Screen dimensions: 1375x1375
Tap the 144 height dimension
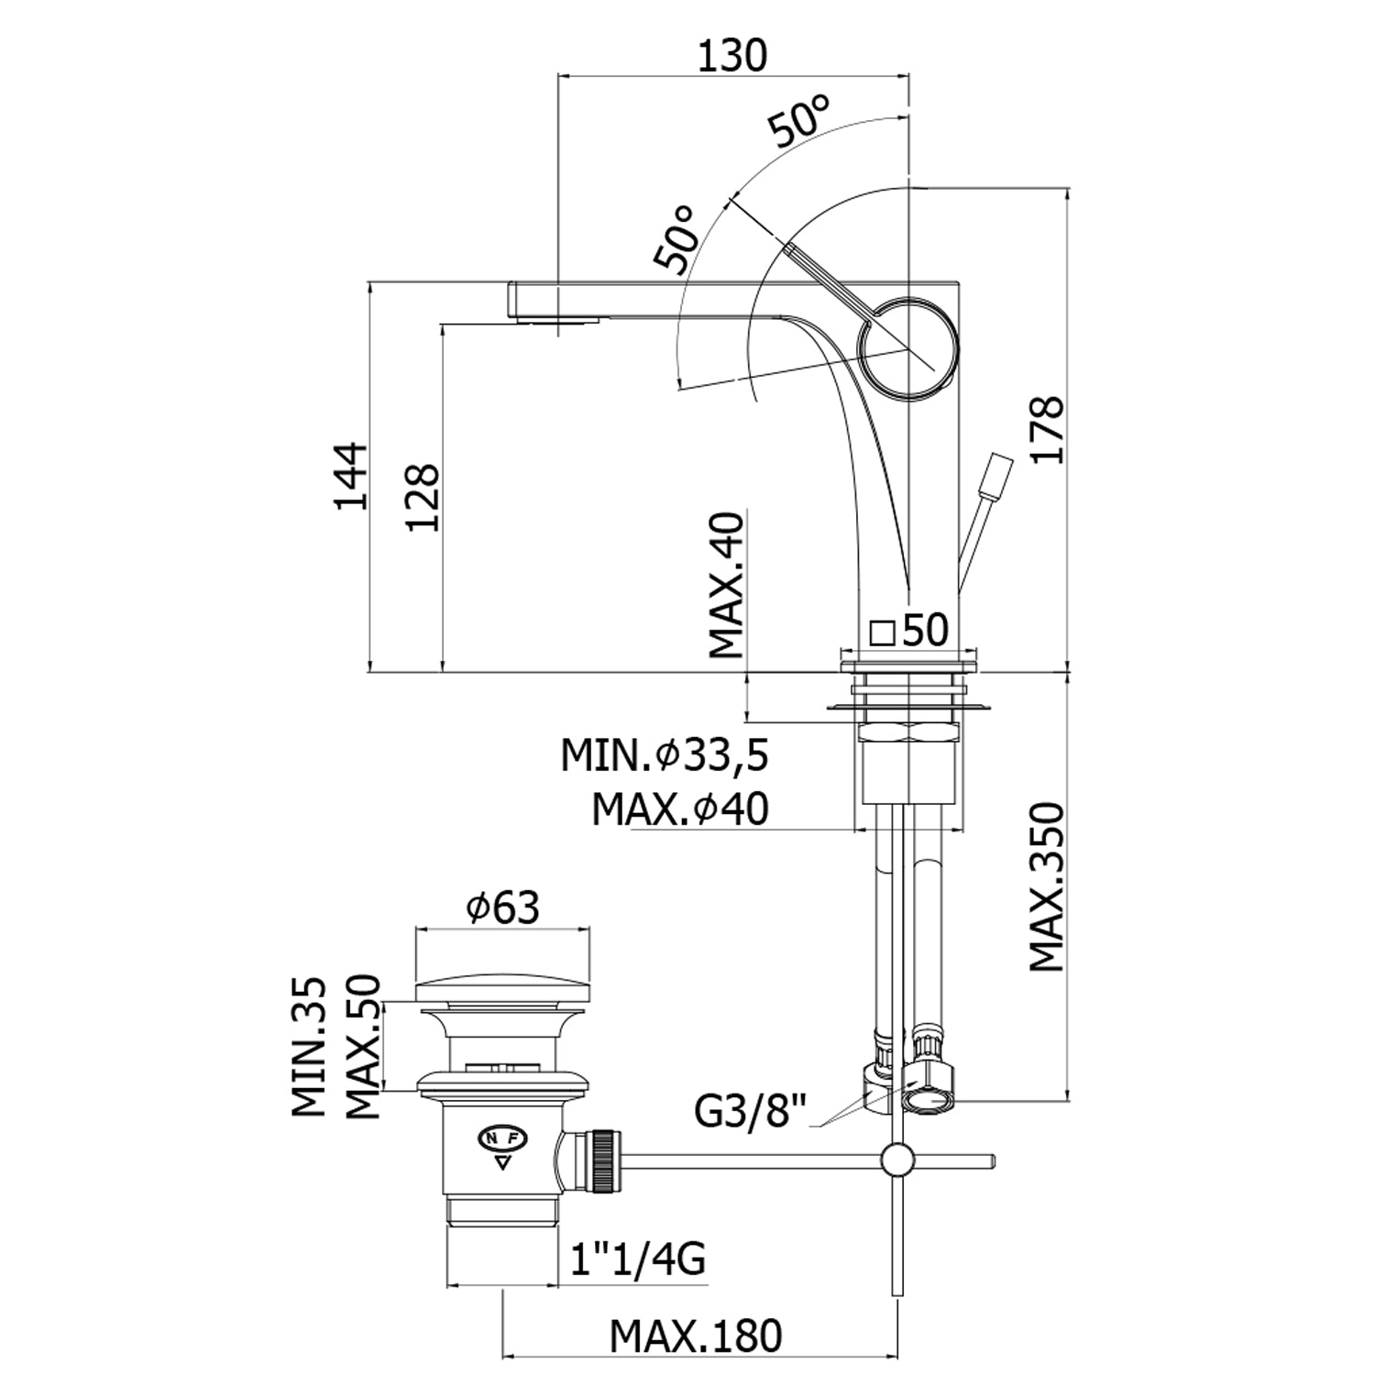pyautogui.click(x=349, y=476)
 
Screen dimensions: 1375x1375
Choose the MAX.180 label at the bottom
pyautogui.click(x=696, y=1336)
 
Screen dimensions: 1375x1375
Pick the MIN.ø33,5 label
pyautogui.click(x=665, y=756)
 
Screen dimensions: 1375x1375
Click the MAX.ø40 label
pyautogui.click(x=679, y=809)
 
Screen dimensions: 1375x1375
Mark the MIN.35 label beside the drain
pyautogui.click(x=310, y=1046)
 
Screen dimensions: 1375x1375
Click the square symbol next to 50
pyautogui.click(x=882, y=632)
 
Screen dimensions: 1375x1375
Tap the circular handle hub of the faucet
pyautogui.click(x=908, y=348)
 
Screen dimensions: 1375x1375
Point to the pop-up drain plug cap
pyautogui.click(x=502, y=989)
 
